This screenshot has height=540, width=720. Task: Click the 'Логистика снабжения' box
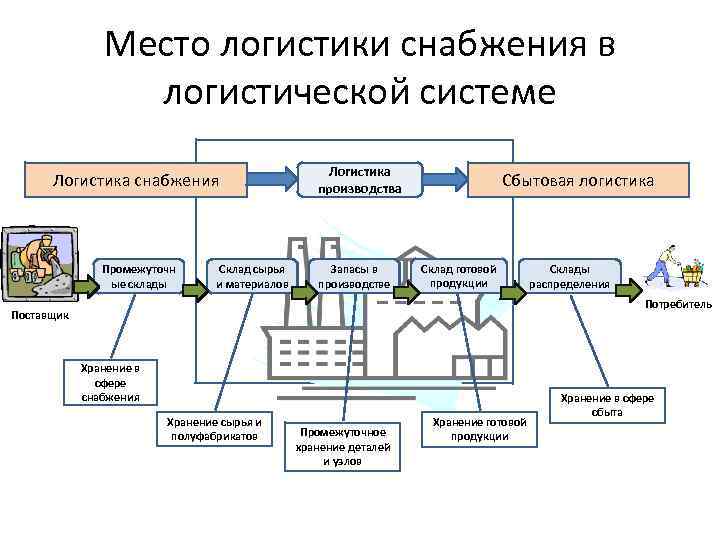point(136,180)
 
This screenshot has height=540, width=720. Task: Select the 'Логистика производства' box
point(359,180)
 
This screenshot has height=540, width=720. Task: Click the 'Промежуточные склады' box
point(140,276)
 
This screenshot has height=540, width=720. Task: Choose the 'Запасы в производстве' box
point(355,276)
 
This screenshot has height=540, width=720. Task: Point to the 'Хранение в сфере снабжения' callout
point(110,382)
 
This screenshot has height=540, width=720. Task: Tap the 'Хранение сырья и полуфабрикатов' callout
point(215,428)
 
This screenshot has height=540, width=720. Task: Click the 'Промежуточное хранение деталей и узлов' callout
point(342,446)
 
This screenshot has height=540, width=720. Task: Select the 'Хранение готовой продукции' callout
point(479,429)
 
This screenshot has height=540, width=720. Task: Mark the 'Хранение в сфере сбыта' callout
point(607,405)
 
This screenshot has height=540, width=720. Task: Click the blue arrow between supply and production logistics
point(274,180)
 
